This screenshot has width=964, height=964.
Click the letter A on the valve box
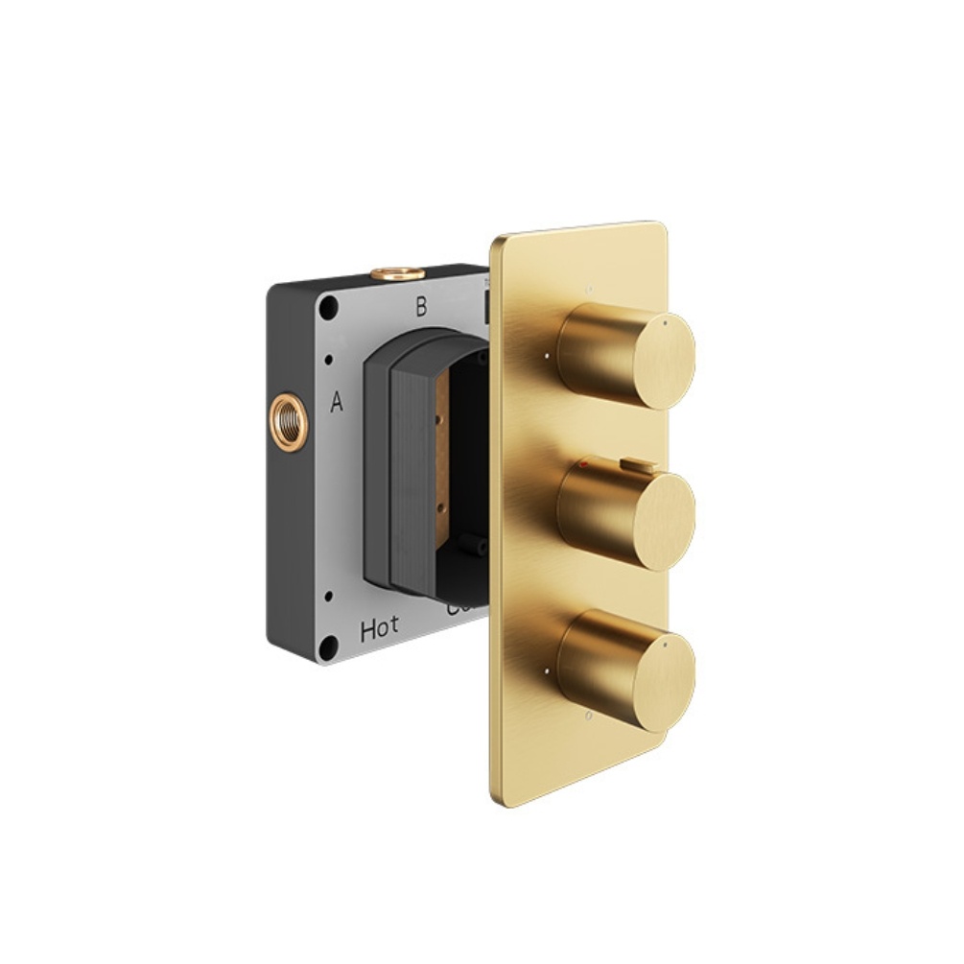coord(337,403)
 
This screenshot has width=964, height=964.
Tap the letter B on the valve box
coord(420,308)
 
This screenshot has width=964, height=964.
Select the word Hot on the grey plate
coord(380,630)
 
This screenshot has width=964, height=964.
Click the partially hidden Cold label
coord(457,608)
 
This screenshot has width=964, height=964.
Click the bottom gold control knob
coord(627,671)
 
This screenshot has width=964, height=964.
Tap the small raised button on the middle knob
coord(634,465)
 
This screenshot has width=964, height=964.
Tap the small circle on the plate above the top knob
coord(589,286)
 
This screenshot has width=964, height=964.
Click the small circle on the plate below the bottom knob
coord(587,715)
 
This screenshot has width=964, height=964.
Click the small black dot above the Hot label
coord(329,597)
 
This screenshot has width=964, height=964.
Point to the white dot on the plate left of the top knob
coord(547,356)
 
